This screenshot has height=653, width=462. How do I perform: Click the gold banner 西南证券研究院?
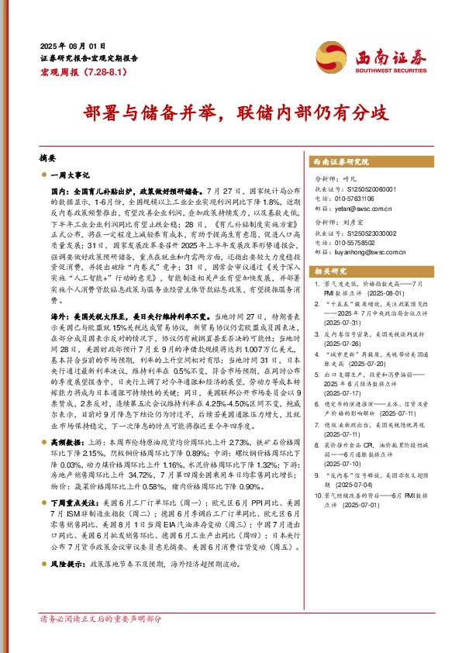(x=340, y=162)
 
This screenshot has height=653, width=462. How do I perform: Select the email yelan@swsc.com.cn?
(x=364, y=208)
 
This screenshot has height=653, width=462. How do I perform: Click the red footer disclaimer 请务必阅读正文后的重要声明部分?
(x=100, y=641)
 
